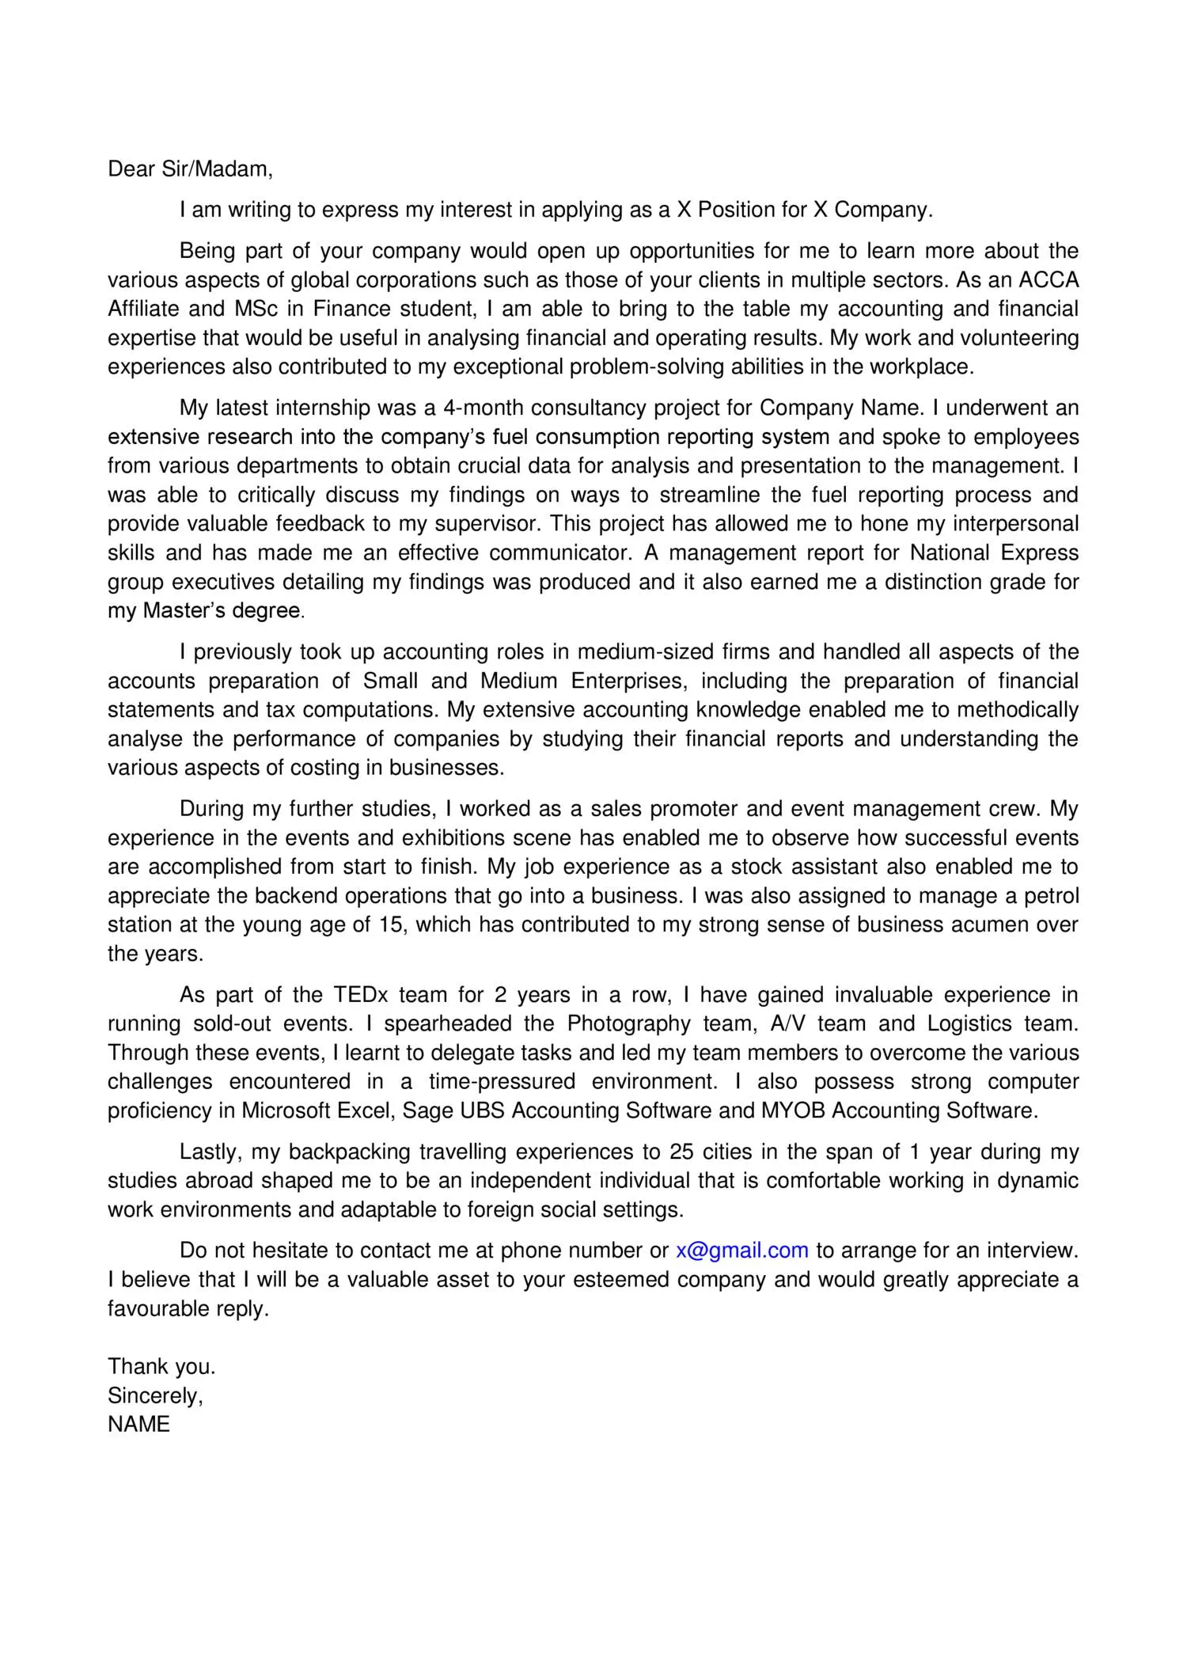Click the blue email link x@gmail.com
pyautogui.click(x=741, y=1250)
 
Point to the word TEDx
pyautogui.click(x=360, y=994)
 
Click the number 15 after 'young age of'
pyautogui.click(x=392, y=924)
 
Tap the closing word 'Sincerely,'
pyautogui.click(x=155, y=1395)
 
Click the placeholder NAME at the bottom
pyautogui.click(x=138, y=1424)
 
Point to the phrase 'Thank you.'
pyautogui.click(x=161, y=1366)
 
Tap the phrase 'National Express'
pyautogui.click(x=994, y=552)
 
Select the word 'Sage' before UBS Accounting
pyautogui.click(x=427, y=1110)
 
